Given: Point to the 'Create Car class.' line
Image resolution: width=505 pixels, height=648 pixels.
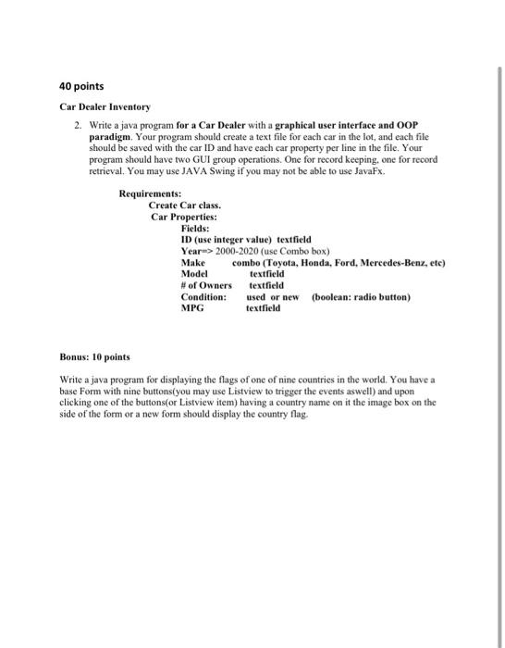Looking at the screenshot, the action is (x=185, y=204).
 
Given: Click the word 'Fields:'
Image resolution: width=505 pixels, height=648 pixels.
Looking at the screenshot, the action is (x=195, y=227).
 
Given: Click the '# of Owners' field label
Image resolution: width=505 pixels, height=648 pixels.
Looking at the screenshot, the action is (x=206, y=285).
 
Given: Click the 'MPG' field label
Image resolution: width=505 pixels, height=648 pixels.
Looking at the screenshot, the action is (x=192, y=308).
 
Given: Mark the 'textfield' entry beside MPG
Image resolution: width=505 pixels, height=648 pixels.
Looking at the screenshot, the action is (x=263, y=308).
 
